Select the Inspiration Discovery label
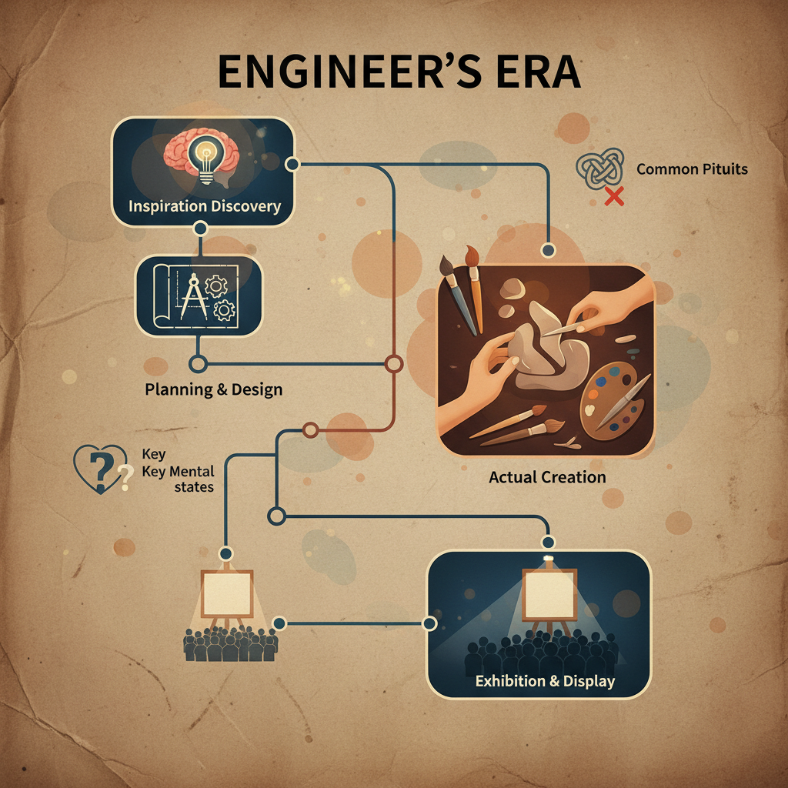coord(204,206)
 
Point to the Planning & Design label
coord(213,389)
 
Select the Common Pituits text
coord(692,169)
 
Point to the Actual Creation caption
coord(547,477)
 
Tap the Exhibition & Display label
coord(545,681)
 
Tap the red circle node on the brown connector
coord(393,364)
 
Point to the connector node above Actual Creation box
coord(548,250)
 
